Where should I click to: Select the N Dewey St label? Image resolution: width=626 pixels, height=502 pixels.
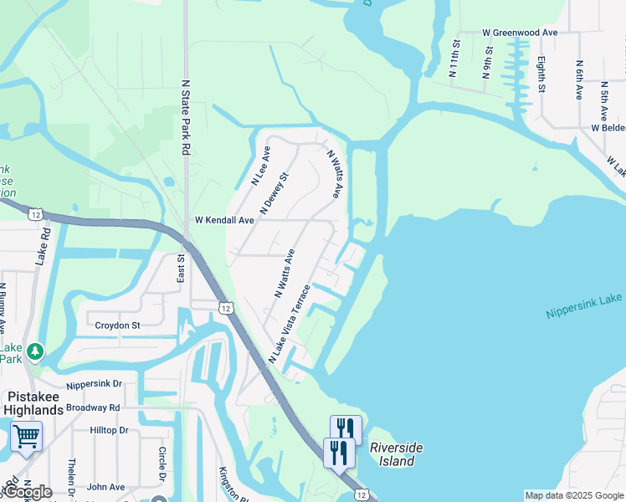274,194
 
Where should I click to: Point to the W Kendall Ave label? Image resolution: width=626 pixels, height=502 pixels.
224,220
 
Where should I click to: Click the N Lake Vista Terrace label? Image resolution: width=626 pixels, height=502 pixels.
290,324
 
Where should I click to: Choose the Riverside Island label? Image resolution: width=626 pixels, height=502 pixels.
396,454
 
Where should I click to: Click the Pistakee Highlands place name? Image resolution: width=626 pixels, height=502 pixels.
33,403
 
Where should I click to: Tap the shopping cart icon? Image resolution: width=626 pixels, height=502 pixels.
26,436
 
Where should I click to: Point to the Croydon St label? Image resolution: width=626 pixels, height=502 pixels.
117,325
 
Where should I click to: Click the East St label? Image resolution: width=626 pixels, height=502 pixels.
180,269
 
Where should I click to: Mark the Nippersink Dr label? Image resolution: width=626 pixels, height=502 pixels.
94,384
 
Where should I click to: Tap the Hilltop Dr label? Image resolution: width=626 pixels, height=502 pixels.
109,430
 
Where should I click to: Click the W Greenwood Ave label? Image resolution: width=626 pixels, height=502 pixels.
520,33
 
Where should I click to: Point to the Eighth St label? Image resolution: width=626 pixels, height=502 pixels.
542,74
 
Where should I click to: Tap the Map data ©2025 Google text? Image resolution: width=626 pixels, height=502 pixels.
574,495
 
